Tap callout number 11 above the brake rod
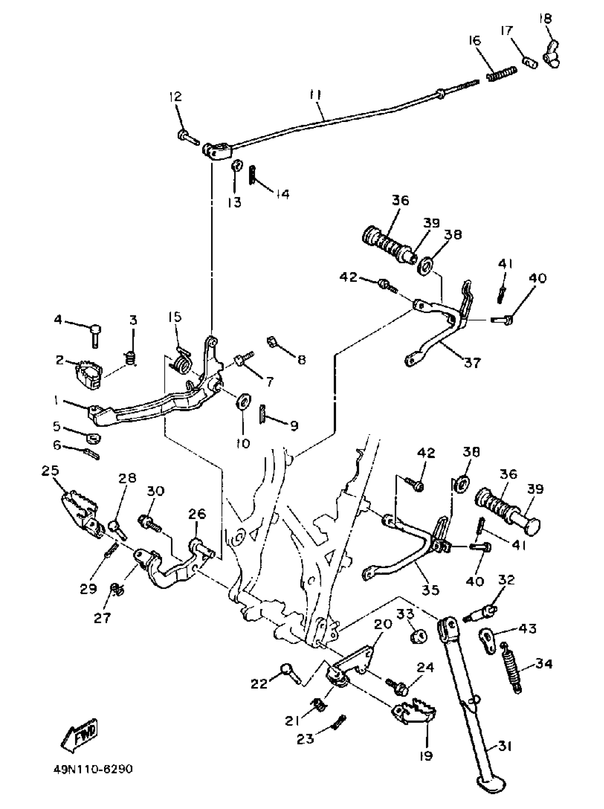[315, 96]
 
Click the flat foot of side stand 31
[492, 782]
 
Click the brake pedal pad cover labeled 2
[89, 374]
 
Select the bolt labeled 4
[96, 334]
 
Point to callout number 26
[198, 513]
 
